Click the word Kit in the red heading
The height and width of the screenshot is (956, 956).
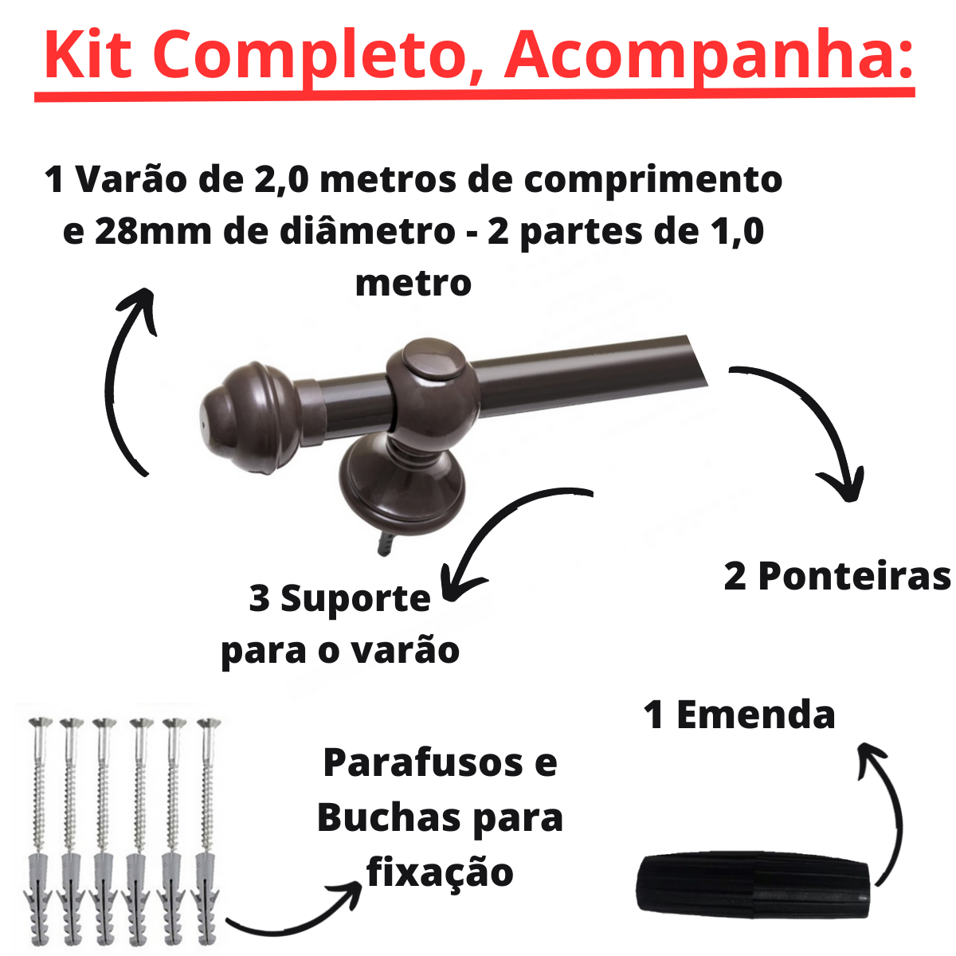click(88, 54)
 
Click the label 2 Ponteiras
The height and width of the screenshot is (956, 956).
click(836, 576)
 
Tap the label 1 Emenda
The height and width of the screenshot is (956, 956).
click(739, 715)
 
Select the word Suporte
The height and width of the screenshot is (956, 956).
click(355, 598)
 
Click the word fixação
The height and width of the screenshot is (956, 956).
click(440, 872)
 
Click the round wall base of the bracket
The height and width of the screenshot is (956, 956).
click(402, 494)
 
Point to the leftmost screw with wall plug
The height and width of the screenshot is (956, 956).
click(39, 829)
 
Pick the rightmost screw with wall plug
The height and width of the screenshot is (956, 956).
click(207, 829)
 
